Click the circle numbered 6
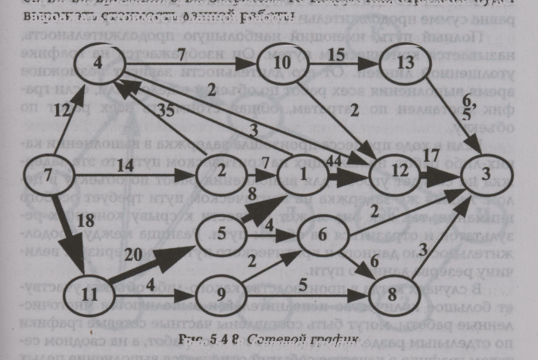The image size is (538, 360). [322, 235]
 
